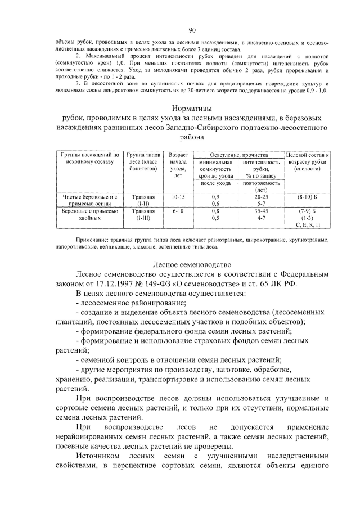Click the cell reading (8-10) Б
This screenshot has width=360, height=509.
coord(307,197)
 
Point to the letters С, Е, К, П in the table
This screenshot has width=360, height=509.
coord(307,224)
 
